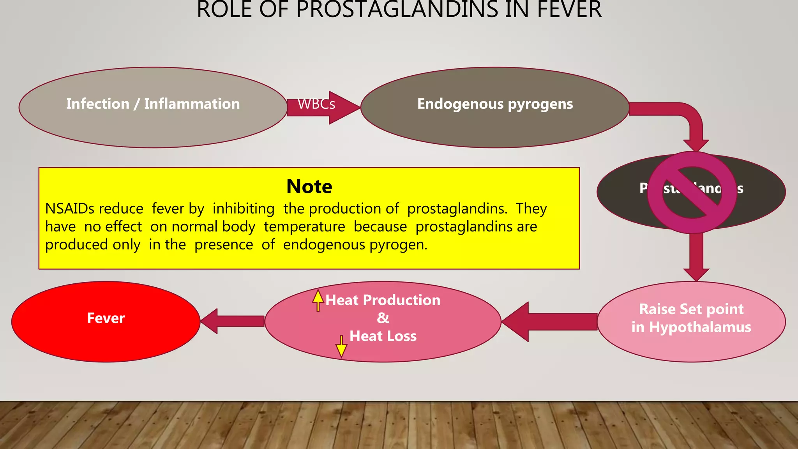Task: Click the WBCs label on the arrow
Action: pyautogui.click(x=316, y=104)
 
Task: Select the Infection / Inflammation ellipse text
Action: pyautogui.click(x=153, y=104)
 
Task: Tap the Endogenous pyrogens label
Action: pyautogui.click(x=495, y=104)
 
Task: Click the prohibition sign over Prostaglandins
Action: pyautogui.click(x=692, y=193)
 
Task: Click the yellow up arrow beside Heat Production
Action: pyautogui.click(x=318, y=301)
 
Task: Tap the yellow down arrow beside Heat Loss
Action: pyautogui.click(x=341, y=346)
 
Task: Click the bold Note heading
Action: pyautogui.click(x=309, y=187)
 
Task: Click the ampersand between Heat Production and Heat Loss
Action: pyautogui.click(x=383, y=318)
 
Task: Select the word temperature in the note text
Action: pyautogui.click(x=304, y=227)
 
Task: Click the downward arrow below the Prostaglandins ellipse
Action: pyautogui.click(x=696, y=257)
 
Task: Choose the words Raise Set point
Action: pyautogui.click(x=691, y=309)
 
